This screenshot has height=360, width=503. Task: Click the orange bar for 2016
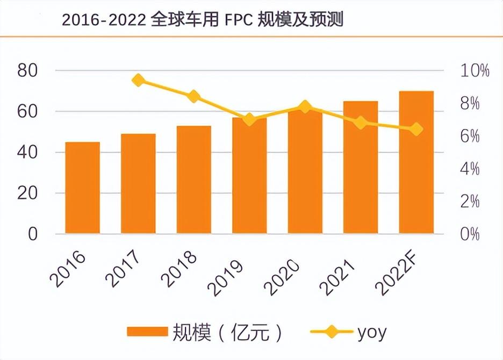[x=82, y=188]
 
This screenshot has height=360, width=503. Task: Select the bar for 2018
[x=193, y=180]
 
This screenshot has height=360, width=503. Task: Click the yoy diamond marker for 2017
[x=138, y=81]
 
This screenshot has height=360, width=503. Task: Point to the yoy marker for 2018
[x=193, y=97]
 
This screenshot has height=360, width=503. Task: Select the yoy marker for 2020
[x=305, y=106]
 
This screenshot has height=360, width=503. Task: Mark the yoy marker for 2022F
[x=416, y=129]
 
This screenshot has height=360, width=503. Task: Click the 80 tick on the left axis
[x=27, y=70]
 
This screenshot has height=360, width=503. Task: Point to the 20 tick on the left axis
[x=27, y=193]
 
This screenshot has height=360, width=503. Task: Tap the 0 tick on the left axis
[x=33, y=234]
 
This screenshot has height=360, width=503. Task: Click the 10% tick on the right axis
[x=473, y=70]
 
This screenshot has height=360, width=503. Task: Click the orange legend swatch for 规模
[x=147, y=332]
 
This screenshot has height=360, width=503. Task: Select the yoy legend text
[x=371, y=332]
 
